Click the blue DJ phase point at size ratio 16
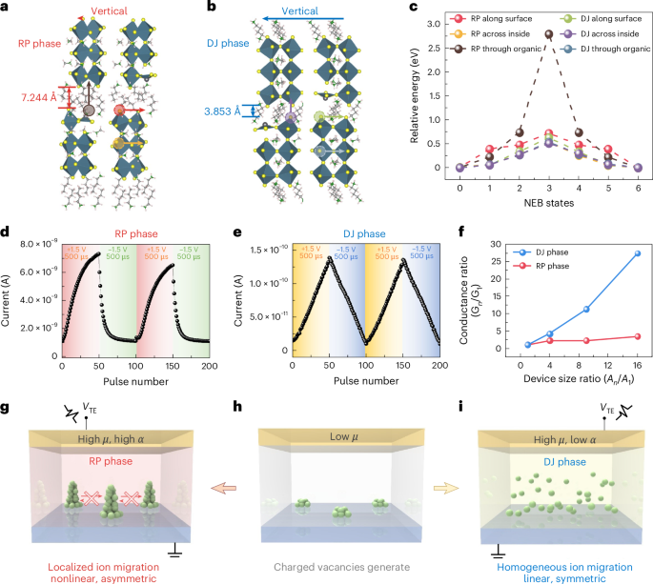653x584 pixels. click(637, 253)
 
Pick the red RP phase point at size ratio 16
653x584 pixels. click(637, 336)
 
